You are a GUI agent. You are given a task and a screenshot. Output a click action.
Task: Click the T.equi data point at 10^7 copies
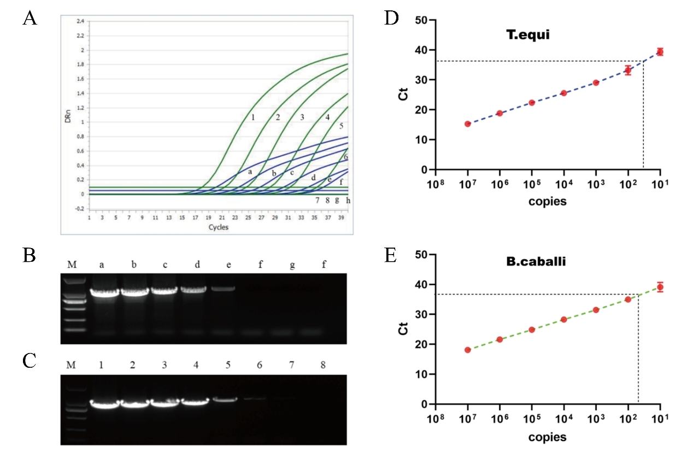(x=468, y=124)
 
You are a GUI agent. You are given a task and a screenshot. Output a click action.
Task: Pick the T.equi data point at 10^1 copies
(x=660, y=52)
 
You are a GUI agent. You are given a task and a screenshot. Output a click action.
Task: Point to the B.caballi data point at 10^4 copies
(x=564, y=319)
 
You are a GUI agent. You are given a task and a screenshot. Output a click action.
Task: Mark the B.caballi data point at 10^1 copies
(x=660, y=287)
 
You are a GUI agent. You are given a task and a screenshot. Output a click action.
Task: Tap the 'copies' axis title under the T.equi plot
(x=548, y=202)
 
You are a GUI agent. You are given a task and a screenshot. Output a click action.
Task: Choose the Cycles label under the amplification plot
(x=218, y=227)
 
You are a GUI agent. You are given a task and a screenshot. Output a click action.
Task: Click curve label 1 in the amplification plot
(x=253, y=117)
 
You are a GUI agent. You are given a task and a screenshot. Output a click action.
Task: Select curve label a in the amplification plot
(x=250, y=172)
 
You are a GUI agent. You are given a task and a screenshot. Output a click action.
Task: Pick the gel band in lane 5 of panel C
(x=222, y=399)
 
